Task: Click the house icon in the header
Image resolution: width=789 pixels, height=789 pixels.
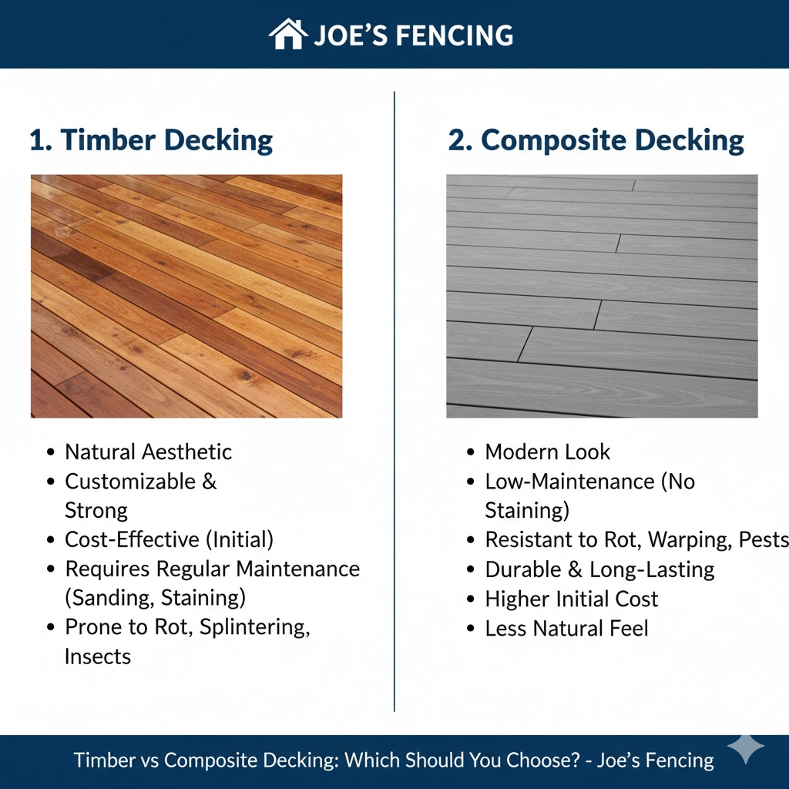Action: point(288,35)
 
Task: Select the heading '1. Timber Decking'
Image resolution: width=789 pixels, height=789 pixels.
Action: point(151,141)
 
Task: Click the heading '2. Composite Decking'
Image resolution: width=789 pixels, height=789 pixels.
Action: point(596,141)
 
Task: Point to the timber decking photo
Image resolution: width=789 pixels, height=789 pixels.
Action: point(186,296)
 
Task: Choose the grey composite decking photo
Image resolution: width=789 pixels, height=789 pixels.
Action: point(602,296)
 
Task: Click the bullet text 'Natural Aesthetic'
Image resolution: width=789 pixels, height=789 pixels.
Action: point(148,452)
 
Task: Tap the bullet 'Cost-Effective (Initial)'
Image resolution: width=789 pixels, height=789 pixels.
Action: point(169,539)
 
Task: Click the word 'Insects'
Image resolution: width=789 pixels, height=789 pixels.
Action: point(98,656)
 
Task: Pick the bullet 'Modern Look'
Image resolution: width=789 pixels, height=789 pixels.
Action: point(547,452)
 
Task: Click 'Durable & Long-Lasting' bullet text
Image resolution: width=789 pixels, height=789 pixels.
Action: point(599,569)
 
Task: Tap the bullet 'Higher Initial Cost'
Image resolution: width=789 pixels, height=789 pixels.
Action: point(572,599)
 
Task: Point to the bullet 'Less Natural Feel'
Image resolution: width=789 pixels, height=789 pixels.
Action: point(566,628)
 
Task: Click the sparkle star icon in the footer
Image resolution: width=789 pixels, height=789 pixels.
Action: point(746,747)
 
